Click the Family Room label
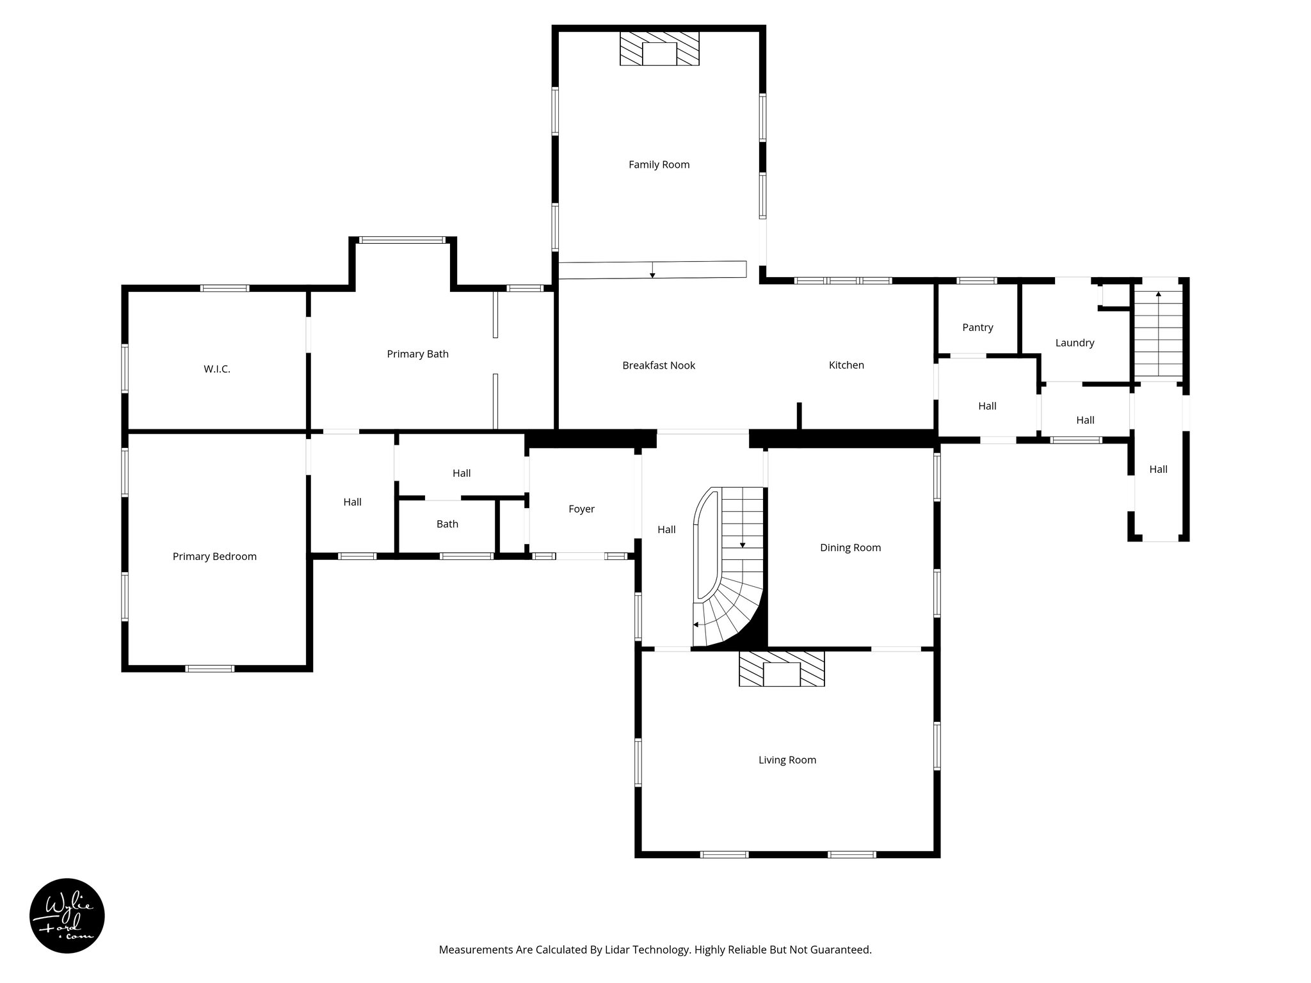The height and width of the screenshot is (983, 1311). tap(659, 164)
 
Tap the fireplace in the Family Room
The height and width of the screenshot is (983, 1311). tap(659, 49)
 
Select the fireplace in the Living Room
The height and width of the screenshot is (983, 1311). tap(782, 669)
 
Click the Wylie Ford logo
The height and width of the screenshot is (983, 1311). tap(67, 916)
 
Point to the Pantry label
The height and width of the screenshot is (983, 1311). tap(977, 327)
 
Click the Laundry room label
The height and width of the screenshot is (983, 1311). tap(1075, 343)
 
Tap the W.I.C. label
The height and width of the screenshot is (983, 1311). tap(217, 369)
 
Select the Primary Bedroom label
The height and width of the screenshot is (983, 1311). tap(214, 557)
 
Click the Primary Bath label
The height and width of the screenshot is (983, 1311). tap(417, 354)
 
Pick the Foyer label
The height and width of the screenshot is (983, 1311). tap(581, 509)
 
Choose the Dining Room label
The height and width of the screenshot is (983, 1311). tap(850, 548)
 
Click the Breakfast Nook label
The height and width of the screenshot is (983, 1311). tap(659, 365)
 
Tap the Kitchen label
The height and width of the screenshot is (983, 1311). tap(846, 365)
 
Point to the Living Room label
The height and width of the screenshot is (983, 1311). tap(787, 760)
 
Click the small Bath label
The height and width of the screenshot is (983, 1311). tap(447, 524)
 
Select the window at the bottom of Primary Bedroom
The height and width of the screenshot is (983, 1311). tap(210, 669)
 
